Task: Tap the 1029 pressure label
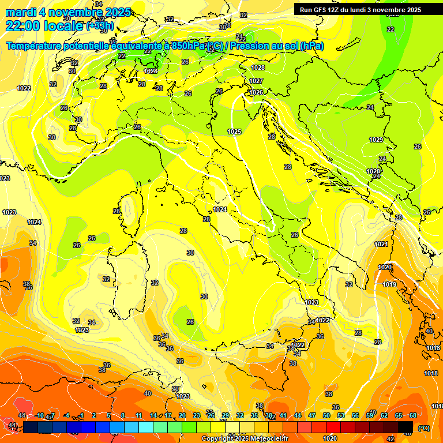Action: (376, 140)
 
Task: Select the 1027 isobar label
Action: (257, 81)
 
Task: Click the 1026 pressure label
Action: (257, 92)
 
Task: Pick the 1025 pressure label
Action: (234, 132)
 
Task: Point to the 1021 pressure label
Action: (381, 245)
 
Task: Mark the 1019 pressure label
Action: (389, 284)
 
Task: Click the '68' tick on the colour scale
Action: (412, 415)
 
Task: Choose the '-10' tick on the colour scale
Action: (40, 415)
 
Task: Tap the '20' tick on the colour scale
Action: (182, 415)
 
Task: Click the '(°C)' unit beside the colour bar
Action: (423, 428)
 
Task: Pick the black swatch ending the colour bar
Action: (406, 427)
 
